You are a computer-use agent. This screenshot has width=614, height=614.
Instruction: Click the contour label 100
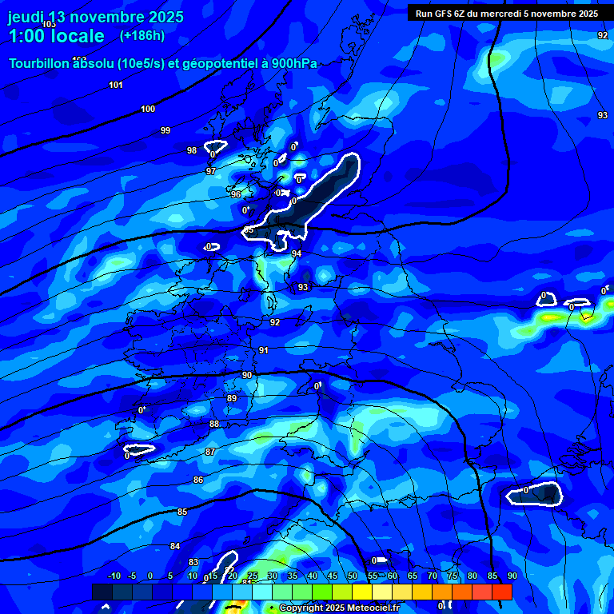(x=148, y=109)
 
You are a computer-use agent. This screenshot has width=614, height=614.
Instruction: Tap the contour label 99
(x=165, y=130)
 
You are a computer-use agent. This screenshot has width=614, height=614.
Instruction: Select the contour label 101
(x=116, y=85)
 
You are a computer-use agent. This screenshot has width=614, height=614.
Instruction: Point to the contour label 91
(x=264, y=350)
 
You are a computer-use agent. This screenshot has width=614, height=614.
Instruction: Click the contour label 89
(x=232, y=398)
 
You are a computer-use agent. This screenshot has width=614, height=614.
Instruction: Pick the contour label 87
(x=210, y=452)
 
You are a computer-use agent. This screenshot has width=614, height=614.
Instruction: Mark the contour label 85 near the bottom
(x=182, y=512)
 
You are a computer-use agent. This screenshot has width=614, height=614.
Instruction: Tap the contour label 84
(x=175, y=546)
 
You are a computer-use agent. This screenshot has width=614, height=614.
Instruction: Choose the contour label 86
(x=198, y=480)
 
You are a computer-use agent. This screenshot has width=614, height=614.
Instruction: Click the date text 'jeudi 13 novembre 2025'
(x=96, y=17)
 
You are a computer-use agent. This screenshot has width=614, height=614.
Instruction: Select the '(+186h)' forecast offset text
(x=142, y=36)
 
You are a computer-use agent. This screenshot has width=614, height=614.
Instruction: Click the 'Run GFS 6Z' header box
(x=507, y=13)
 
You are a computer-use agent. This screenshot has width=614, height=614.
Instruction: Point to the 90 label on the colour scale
(x=512, y=576)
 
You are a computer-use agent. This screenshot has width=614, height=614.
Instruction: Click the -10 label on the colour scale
(x=114, y=576)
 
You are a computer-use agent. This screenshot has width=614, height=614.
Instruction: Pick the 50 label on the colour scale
(x=352, y=576)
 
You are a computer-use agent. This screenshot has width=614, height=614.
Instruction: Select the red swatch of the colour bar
(x=501, y=592)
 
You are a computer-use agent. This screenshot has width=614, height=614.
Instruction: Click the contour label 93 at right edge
(x=603, y=115)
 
